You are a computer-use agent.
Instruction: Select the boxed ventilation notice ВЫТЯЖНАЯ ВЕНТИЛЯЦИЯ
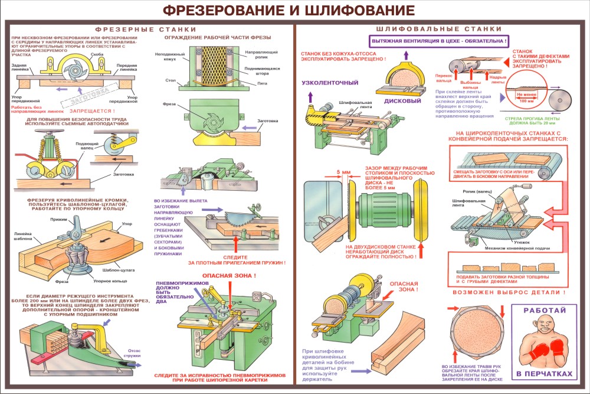(x=438, y=41)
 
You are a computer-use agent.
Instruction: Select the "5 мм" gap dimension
(x=343, y=173)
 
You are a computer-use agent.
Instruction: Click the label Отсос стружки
(x=133, y=354)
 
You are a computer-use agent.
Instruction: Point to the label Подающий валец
(x=87, y=146)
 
